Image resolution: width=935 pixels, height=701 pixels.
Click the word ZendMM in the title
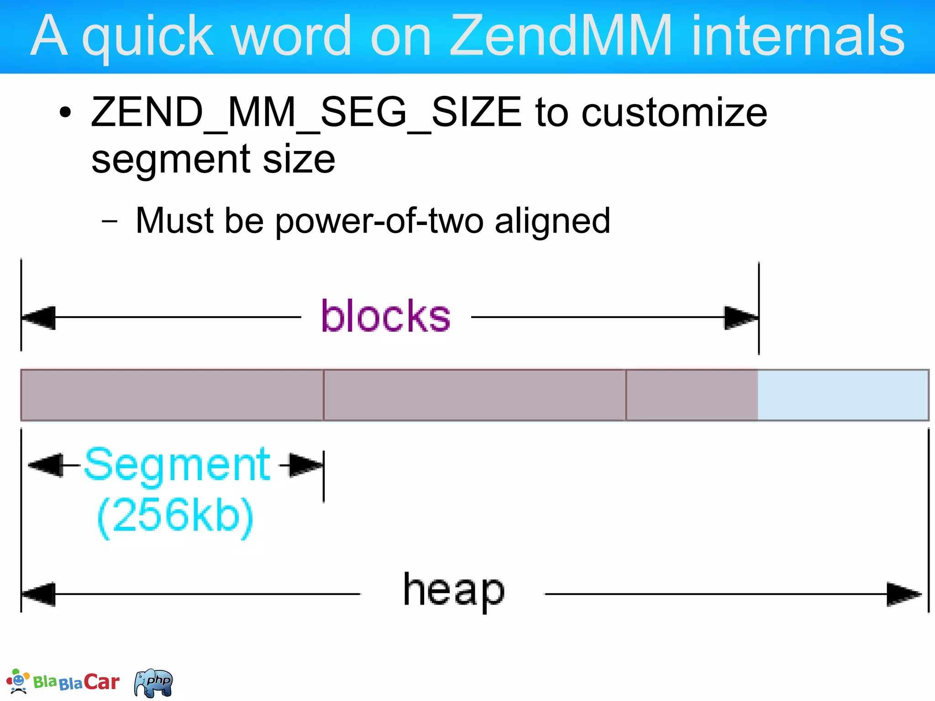tap(561, 35)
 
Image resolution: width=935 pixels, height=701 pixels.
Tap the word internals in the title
tap(798, 35)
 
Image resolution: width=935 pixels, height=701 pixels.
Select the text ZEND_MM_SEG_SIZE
tap(306, 113)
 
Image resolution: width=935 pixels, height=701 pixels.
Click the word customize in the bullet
tap(674, 113)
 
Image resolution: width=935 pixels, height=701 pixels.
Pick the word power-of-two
tap(379, 221)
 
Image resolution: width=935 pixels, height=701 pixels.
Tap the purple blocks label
tap(386, 316)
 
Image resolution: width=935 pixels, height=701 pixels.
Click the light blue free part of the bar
tap(843, 395)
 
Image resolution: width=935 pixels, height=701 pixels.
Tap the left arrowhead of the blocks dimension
tap(39, 317)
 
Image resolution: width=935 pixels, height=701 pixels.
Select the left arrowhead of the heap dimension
tap(39, 594)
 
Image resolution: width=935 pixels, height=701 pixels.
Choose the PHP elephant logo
tap(154, 683)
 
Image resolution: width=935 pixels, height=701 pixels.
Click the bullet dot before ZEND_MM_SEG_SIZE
tap(66, 112)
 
